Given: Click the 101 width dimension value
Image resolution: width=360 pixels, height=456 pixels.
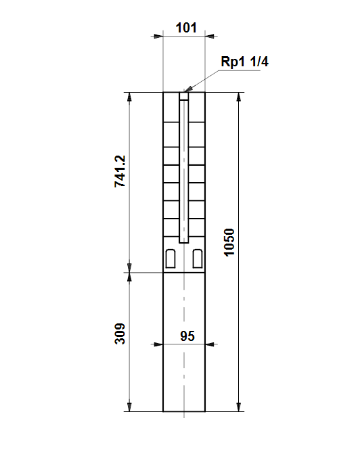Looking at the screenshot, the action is pos(186,28).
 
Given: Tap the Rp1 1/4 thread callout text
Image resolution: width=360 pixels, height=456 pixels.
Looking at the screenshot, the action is pos(244,62).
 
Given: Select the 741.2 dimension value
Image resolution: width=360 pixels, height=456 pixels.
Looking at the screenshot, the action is pos(120,171).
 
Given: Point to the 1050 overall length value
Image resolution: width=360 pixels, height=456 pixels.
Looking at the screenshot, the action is pos(229,242).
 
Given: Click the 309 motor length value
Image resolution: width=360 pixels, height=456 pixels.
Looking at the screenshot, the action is pos(120,334).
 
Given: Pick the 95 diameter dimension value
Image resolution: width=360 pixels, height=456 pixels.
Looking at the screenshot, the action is pos(187,336).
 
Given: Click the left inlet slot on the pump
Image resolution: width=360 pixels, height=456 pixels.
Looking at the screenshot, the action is pos(171,258).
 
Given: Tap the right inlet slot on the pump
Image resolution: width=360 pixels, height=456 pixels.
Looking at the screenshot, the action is pos(198,258).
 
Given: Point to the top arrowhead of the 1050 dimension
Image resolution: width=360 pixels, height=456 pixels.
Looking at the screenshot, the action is pos(239,97).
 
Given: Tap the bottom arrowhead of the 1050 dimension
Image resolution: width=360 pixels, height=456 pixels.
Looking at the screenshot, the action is pos(239,407).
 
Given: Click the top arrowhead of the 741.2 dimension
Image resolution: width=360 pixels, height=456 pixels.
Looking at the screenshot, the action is pos(130,97).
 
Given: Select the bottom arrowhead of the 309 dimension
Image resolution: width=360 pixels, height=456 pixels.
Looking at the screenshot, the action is pos(130,407).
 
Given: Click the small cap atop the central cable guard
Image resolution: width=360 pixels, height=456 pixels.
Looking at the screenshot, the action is pos(184,96).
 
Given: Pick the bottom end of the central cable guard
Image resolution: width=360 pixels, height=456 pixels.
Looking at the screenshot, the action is pos(184,242).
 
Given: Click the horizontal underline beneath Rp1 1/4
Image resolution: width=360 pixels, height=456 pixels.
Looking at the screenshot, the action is pos(239,70).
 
